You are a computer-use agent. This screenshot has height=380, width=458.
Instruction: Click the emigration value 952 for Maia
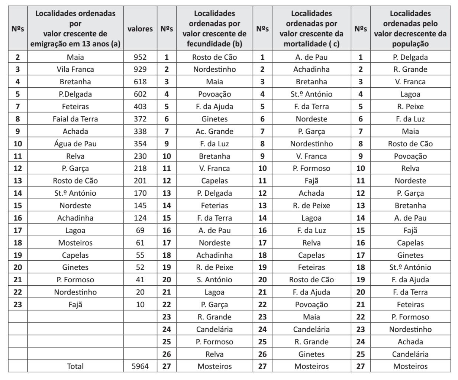coord(140,57)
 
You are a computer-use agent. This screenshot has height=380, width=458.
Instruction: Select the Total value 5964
coord(140,366)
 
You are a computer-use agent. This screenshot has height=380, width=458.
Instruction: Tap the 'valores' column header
coord(140,29)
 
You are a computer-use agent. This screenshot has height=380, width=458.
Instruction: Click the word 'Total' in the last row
coord(75,366)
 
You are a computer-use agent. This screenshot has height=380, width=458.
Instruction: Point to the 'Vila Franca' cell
coord(75,69)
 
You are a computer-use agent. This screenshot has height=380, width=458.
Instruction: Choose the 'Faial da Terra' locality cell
coord(75,119)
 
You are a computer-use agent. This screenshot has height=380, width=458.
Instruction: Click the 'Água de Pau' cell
coord(75,144)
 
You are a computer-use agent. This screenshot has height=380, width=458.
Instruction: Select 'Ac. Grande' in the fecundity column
coord(214,131)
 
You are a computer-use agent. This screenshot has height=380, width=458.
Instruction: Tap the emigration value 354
coord(140,144)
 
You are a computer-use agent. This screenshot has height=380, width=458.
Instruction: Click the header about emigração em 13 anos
coord(75,29)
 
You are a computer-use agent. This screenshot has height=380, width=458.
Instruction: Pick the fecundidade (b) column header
coord(214,29)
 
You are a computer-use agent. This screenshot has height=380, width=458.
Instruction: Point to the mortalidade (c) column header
coord(311,29)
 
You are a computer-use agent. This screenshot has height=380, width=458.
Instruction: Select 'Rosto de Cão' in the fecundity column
coord(214,57)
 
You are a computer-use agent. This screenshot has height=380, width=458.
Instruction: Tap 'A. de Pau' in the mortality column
coord(311,57)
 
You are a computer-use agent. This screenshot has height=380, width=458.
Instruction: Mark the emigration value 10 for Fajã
coord(140,305)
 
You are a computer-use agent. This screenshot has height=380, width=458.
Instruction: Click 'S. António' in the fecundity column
coord(214,280)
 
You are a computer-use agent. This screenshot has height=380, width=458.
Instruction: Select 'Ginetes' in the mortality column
coord(311,354)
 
